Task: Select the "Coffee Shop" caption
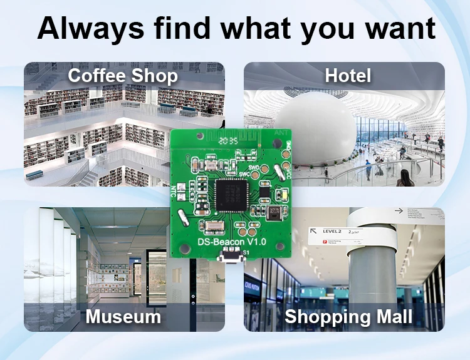[x=123, y=76]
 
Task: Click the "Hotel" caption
[x=348, y=76]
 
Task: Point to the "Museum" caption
[x=123, y=316]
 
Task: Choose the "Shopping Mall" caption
[x=348, y=316]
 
